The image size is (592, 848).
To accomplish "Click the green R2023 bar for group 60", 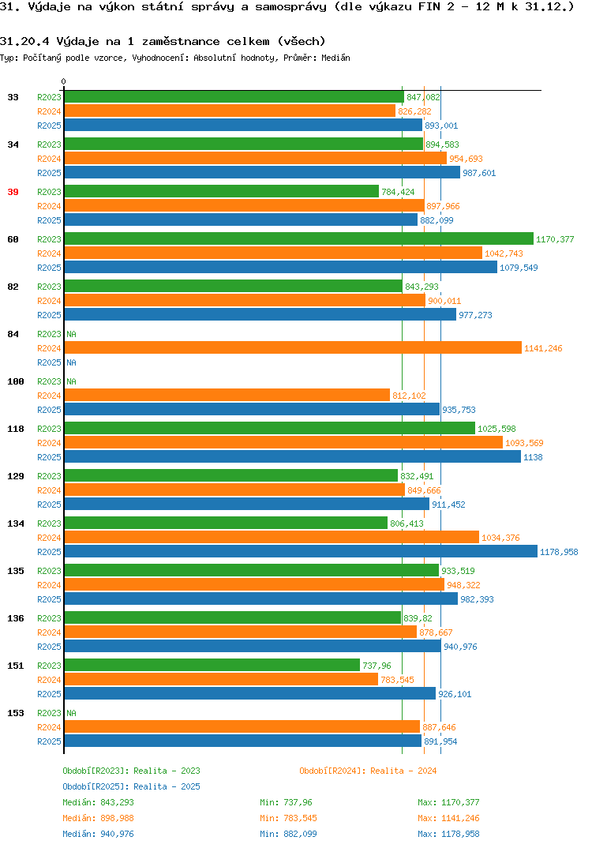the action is pyautogui.click(x=299, y=239).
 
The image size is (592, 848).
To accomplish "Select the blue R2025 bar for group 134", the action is pyautogui.click(x=302, y=552).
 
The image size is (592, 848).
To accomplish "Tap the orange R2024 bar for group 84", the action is pyautogui.click(x=293, y=348).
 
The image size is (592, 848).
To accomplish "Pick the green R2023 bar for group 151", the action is pyautogui.click(x=212, y=665).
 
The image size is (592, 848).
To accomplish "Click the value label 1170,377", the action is pyautogui.click(x=555, y=239).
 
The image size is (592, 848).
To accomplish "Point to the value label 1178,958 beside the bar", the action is pyautogui.click(x=559, y=552).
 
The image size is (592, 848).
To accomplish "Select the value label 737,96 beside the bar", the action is pyautogui.click(x=377, y=665).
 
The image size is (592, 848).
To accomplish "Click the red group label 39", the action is pyautogui.click(x=13, y=192).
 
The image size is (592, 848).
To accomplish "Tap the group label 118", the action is pyautogui.click(x=16, y=429).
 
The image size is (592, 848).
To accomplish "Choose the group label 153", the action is pyautogui.click(x=16, y=713).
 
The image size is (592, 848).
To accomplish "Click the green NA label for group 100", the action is pyautogui.click(x=71, y=381).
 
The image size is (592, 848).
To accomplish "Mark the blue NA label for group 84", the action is pyautogui.click(x=71, y=362).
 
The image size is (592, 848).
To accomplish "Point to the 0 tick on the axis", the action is pyautogui.click(x=63, y=81).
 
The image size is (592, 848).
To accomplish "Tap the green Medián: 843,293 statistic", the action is pyautogui.click(x=98, y=802).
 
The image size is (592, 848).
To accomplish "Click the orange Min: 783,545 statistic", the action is pyautogui.click(x=288, y=818).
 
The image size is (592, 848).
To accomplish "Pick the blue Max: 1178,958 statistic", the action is pyautogui.click(x=448, y=834).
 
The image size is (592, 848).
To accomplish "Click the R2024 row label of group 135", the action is pyautogui.click(x=49, y=585).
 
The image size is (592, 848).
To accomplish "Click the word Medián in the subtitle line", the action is pyautogui.click(x=335, y=58).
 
